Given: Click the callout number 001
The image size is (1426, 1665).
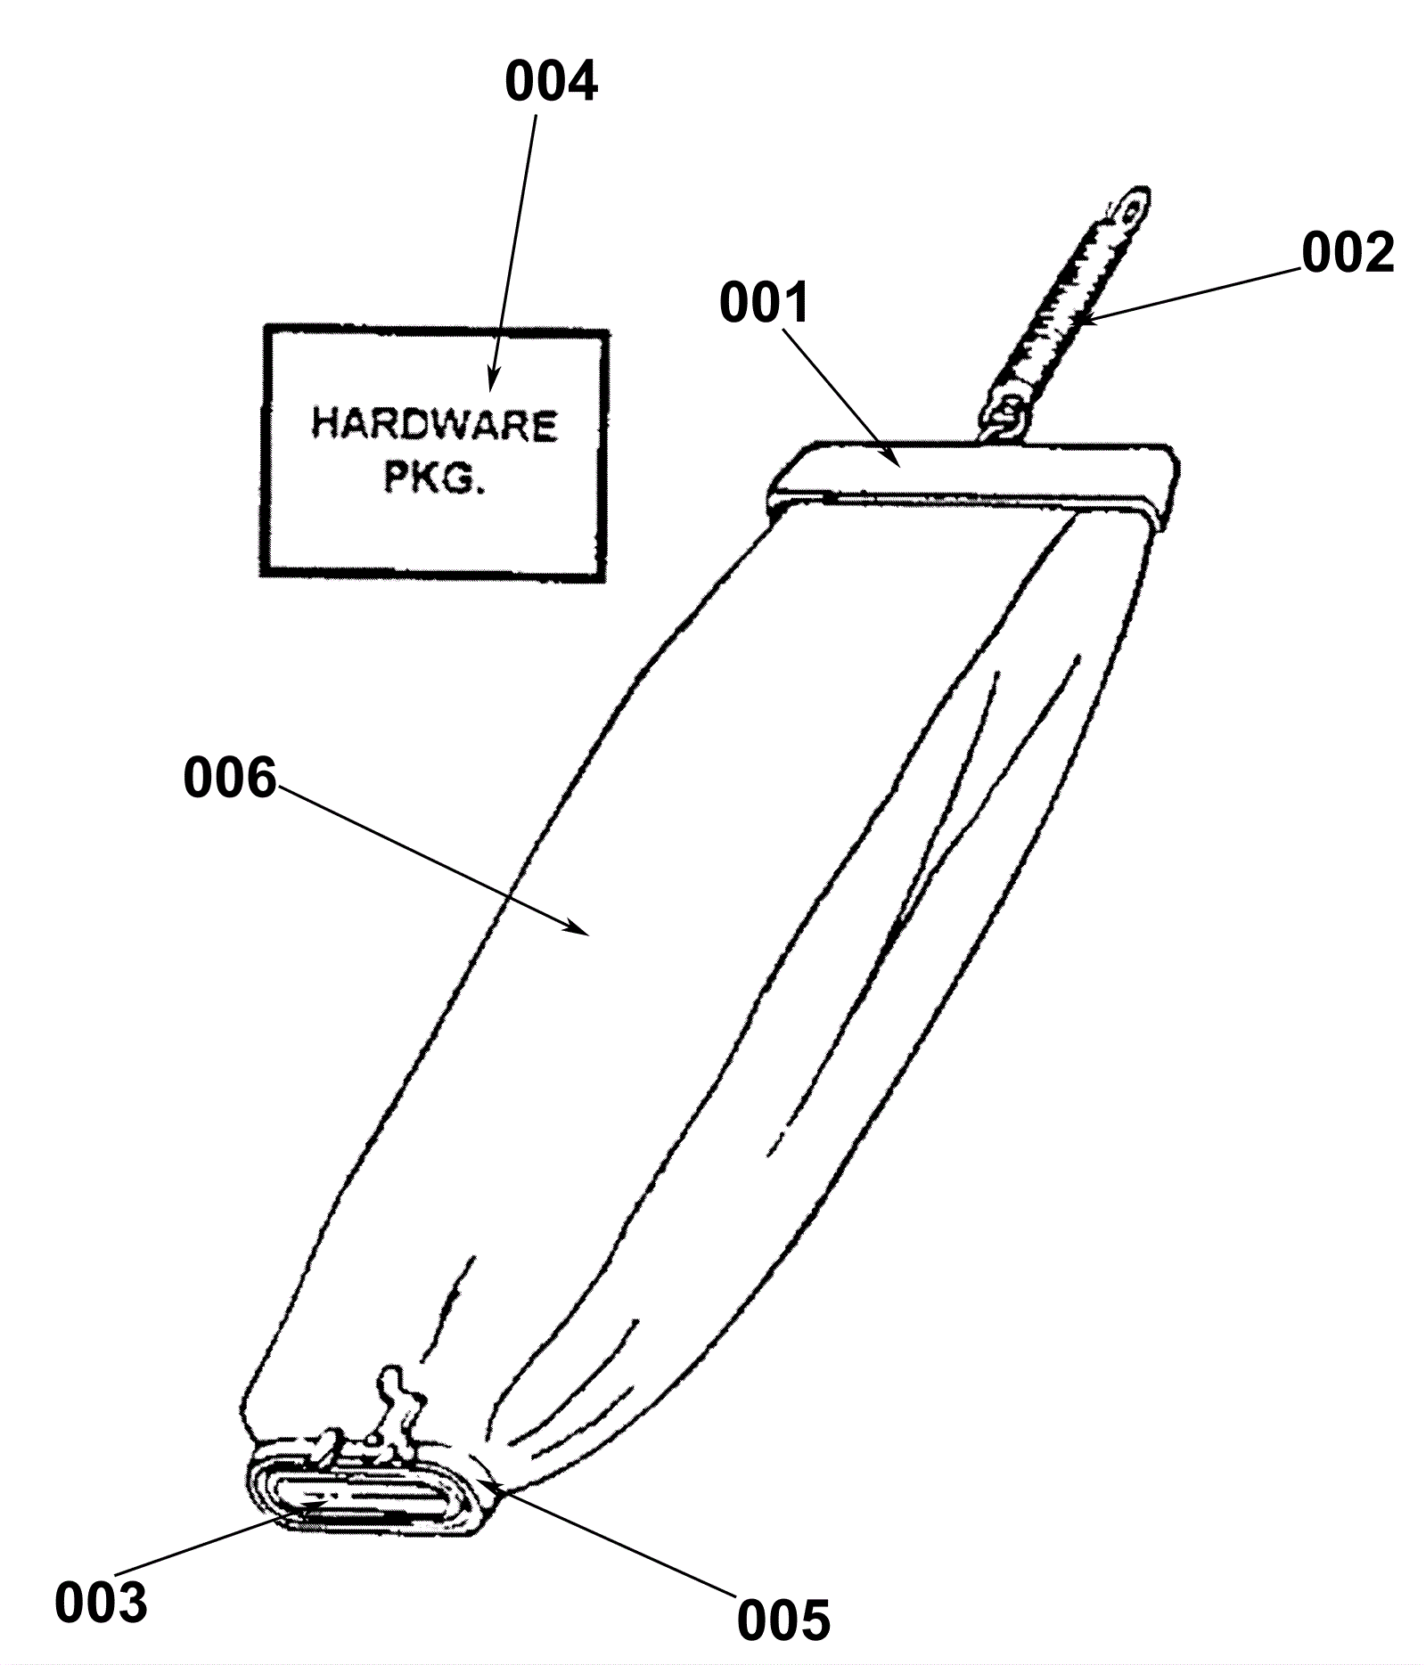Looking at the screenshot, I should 765,303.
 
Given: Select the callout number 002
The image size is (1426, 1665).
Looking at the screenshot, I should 1347,253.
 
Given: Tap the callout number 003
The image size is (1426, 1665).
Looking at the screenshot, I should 101,1604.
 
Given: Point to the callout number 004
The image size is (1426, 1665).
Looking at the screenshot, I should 551,82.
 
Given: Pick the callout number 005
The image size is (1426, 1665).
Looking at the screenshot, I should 783,1619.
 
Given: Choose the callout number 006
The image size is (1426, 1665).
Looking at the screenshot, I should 230,778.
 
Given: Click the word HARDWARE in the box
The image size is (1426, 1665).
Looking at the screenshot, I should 434,425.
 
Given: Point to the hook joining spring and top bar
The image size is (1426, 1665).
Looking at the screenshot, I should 1009,414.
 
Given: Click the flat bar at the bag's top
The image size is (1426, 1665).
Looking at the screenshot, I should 971,472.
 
